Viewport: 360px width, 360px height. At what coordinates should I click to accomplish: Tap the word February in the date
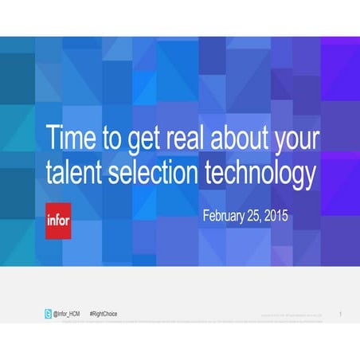(225, 217)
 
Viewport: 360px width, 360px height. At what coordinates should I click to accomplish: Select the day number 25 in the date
(260, 216)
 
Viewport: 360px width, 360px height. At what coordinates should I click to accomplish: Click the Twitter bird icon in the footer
(48, 314)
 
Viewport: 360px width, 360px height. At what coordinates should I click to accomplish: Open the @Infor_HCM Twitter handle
(66, 314)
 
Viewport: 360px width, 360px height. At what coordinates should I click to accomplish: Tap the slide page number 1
(339, 314)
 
